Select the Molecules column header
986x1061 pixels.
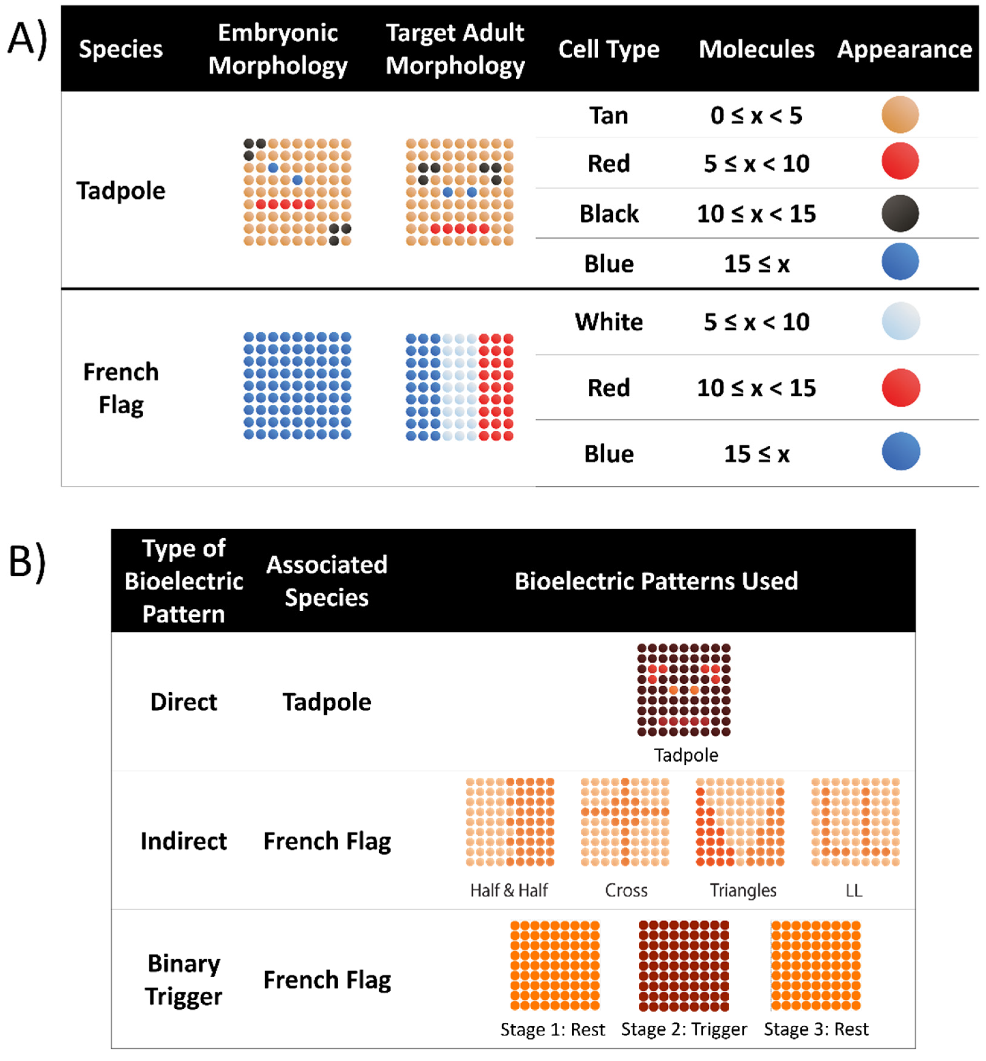coord(756,49)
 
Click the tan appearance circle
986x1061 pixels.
coord(900,115)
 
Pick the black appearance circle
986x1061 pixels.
coord(900,214)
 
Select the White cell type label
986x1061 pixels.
coord(609,322)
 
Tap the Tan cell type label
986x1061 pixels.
coord(609,115)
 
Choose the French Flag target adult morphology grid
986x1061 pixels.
coord(459,387)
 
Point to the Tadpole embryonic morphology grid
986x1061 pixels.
coord(297,192)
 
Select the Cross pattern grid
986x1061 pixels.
coord(625,822)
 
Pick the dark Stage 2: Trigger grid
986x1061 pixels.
coord(683,966)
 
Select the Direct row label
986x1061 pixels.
coord(183,702)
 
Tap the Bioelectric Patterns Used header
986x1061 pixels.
coord(656,581)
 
